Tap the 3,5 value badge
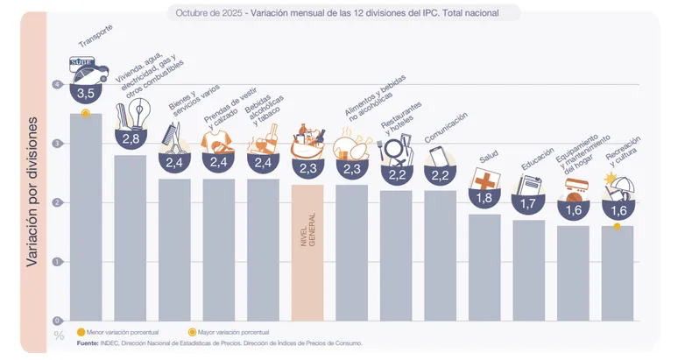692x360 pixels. click(86, 93)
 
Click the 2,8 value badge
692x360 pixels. click(131, 139)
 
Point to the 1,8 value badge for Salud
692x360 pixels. click(484, 199)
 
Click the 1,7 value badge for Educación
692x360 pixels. click(529, 203)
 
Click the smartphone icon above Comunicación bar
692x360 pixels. click(440, 156)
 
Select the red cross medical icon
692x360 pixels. click(484, 179)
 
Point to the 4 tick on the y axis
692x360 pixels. click(58, 85)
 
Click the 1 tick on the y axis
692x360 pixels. click(58, 262)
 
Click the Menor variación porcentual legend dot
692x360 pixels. click(81, 334)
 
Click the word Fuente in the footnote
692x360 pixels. click(87, 343)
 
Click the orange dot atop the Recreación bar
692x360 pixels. click(618, 227)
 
